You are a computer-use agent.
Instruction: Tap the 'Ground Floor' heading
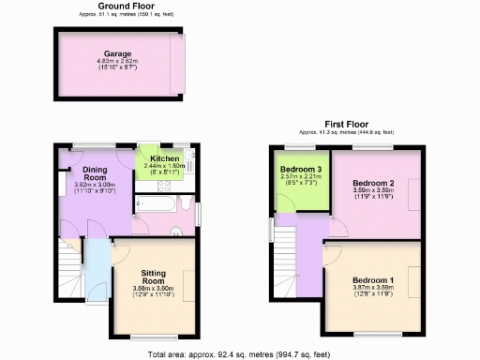pyautogui.click(x=120, y=6)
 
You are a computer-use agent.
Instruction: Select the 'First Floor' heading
pyautogui.click(x=346, y=124)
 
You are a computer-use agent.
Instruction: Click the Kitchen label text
pyautogui.click(x=164, y=159)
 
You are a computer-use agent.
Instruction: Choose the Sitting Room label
pyautogui.click(x=154, y=277)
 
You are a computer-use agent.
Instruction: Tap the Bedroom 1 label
pyautogui.click(x=373, y=280)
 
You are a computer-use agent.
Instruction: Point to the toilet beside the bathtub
pyautogui.click(x=185, y=204)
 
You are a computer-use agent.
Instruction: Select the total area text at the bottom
pyautogui.click(x=239, y=353)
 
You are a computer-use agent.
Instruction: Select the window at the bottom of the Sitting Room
pyautogui.click(x=152, y=333)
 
